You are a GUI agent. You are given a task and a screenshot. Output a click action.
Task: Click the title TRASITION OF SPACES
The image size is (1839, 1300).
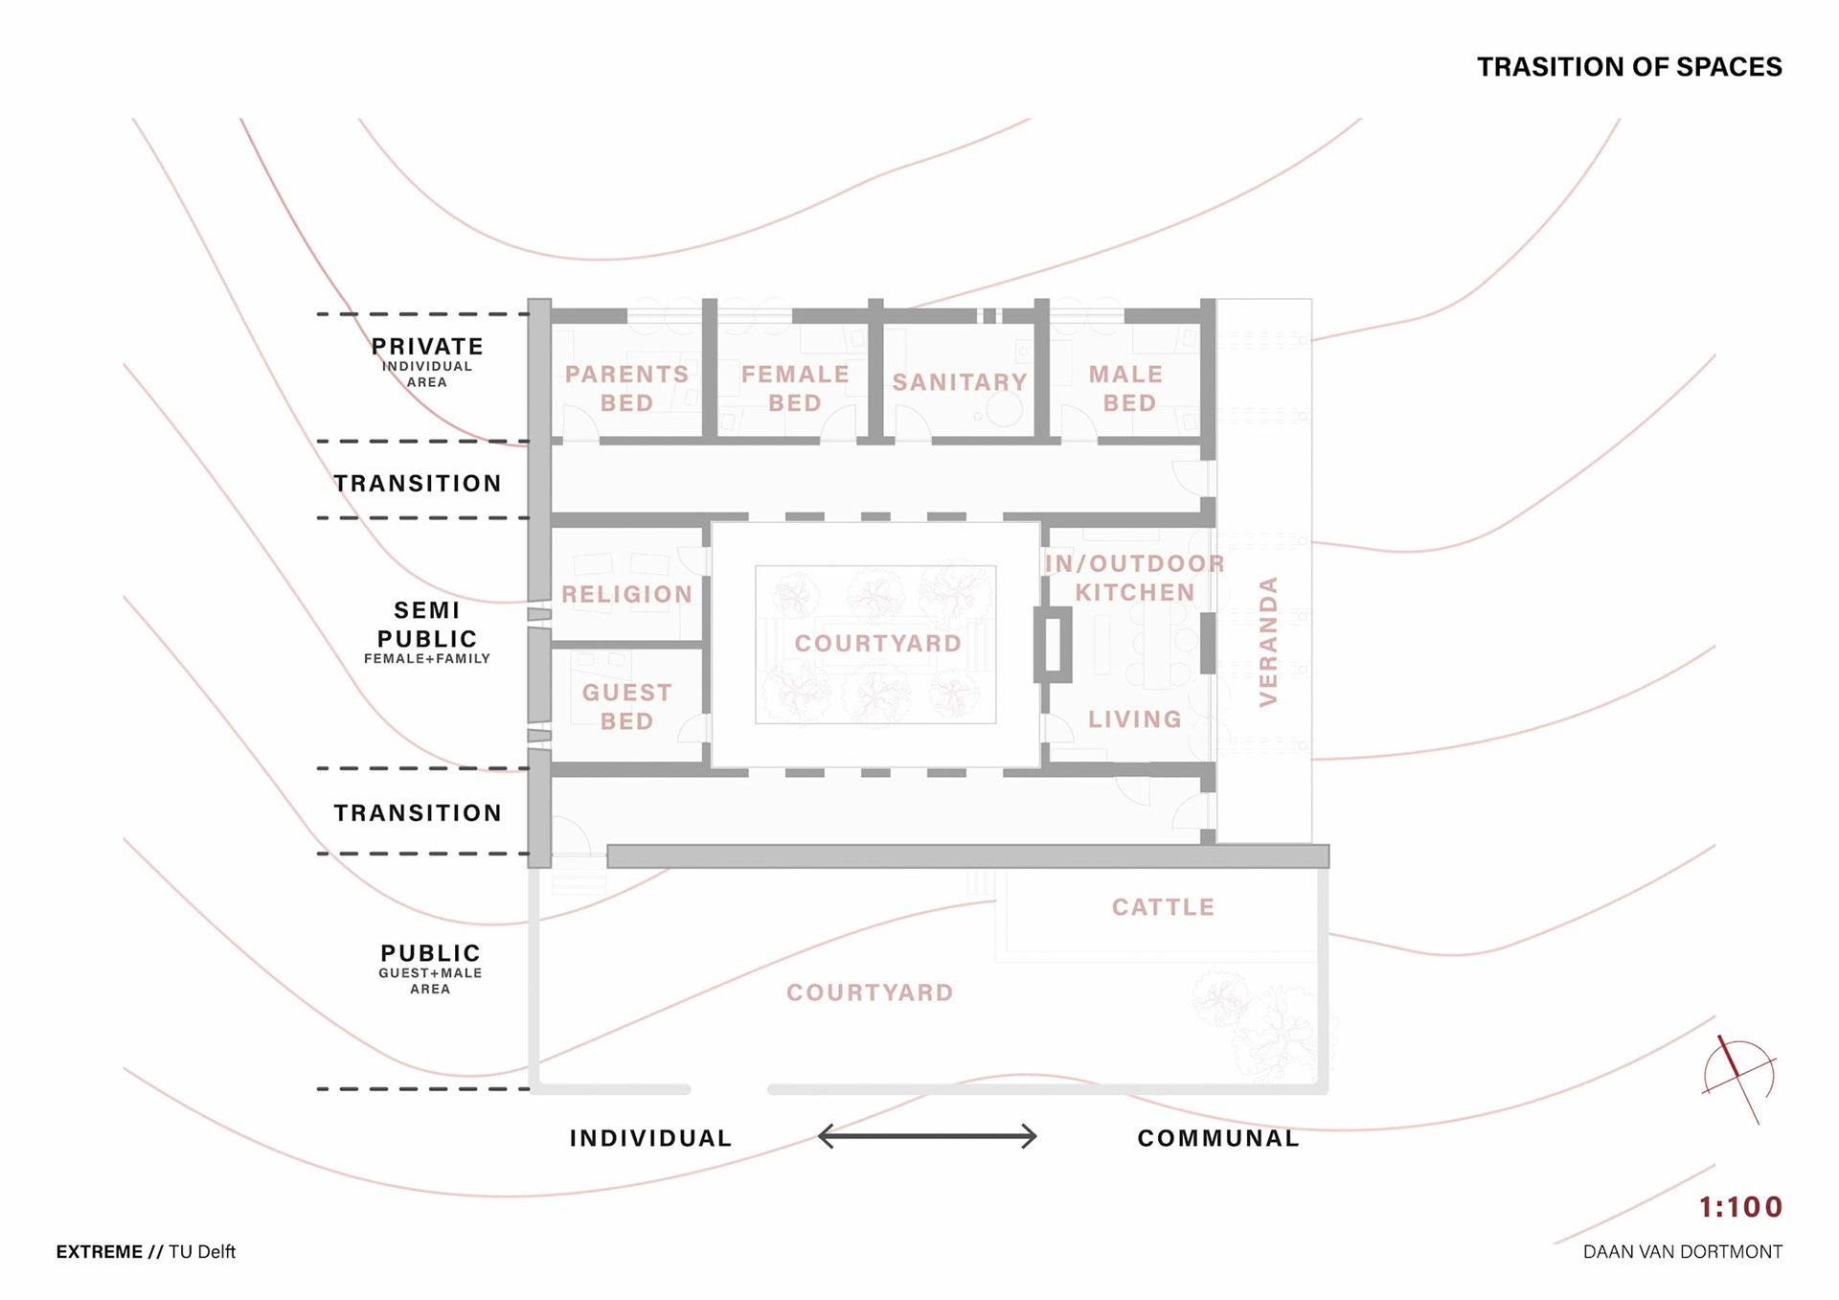(1628, 67)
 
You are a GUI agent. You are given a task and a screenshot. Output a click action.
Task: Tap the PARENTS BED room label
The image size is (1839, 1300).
(626, 388)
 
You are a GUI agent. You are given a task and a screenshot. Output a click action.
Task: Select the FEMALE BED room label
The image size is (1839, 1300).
(795, 388)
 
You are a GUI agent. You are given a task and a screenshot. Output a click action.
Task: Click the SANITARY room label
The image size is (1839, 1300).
(960, 382)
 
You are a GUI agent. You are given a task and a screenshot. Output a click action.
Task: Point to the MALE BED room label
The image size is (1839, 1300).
(1127, 388)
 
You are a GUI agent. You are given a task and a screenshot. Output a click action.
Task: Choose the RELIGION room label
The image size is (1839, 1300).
(626, 594)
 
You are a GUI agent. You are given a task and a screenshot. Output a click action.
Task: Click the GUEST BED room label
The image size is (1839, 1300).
(626, 706)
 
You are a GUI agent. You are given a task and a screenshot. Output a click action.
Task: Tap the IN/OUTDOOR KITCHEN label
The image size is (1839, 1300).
(1134, 578)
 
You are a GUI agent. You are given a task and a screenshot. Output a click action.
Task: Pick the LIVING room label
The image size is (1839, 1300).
(1134, 718)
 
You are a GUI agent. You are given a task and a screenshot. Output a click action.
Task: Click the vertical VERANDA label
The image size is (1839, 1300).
(1268, 641)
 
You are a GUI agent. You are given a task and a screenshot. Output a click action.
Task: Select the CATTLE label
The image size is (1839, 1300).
(1163, 907)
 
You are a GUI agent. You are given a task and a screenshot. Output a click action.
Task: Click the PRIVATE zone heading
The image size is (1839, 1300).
(427, 347)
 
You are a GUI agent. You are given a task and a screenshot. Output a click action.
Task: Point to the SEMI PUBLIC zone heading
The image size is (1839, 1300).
(427, 625)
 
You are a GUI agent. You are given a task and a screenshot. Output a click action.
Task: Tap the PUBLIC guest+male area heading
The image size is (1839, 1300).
(430, 953)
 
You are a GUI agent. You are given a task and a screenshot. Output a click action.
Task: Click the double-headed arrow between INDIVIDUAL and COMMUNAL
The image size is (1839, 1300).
(927, 1136)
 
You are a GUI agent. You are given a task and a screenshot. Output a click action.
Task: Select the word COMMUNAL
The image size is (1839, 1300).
(1217, 1138)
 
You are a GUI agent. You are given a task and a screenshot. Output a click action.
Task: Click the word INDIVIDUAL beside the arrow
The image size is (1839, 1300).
(650, 1138)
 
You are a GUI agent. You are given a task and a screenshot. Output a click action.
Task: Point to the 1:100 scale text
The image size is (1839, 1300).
(1740, 1207)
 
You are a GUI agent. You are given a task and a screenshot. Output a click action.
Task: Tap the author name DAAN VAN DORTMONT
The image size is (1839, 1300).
(1682, 1252)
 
